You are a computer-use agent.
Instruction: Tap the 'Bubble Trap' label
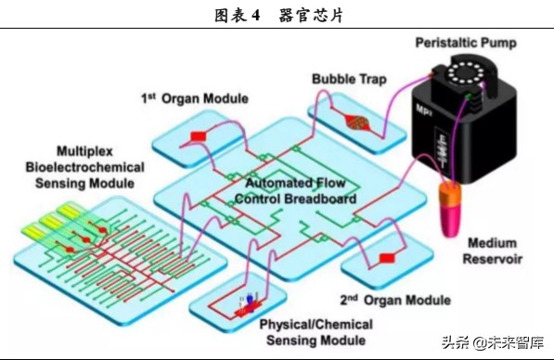pos(349,79)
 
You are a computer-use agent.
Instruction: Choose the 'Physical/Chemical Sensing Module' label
pos(316,332)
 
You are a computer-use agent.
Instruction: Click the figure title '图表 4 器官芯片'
pos(277,16)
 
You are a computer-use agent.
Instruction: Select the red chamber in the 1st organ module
pos(199,137)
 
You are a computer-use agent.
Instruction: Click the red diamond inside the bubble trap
pos(356,122)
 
